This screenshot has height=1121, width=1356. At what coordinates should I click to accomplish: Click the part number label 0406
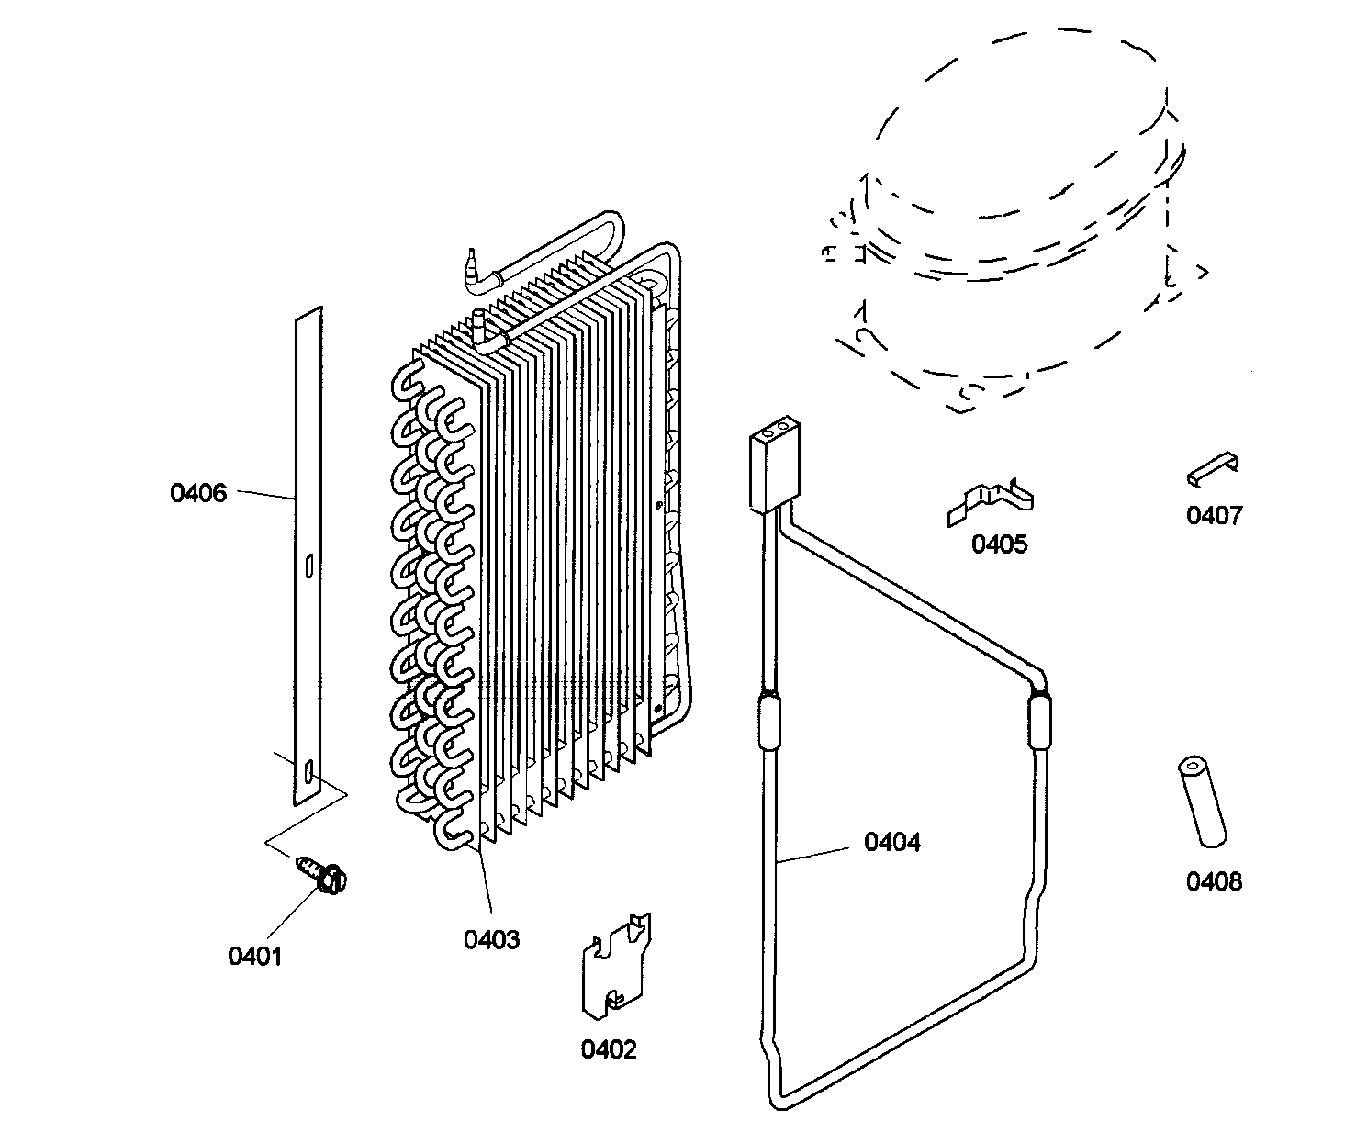(x=197, y=493)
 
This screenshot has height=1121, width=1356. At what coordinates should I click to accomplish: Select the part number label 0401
(x=254, y=956)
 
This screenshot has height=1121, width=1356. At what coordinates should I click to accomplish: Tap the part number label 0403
(x=491, y=939)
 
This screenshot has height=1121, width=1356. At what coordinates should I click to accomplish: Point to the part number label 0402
(x=609, y=1048)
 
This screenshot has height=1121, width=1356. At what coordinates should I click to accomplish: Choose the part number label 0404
(x=891, y=842)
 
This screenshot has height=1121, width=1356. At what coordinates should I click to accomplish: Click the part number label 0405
(x=1000, y=544)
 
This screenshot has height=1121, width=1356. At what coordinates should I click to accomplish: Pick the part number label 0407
(x=1214, y=515)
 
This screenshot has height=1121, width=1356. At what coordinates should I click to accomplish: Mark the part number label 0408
(x=1214, y=881)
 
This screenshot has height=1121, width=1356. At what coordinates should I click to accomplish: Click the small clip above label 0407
(x=1212, y=469)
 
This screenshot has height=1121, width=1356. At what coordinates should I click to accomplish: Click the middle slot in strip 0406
(x=309, y=565)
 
